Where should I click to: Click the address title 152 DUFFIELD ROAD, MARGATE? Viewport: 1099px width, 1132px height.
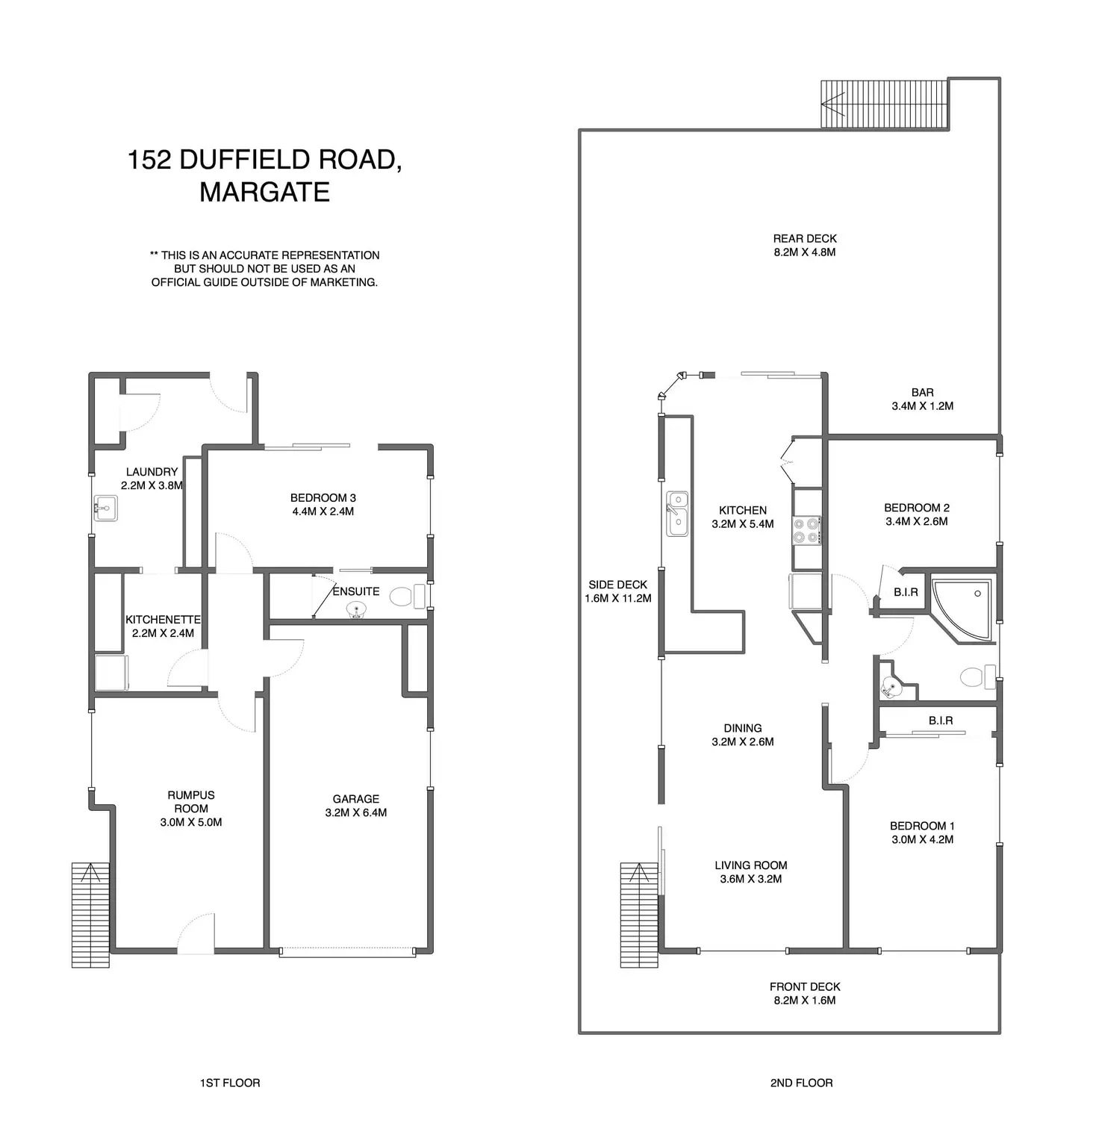[265, 175]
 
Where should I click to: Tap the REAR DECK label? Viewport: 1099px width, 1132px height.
[804, 239]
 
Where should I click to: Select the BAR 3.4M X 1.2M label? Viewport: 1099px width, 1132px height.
[922, 399]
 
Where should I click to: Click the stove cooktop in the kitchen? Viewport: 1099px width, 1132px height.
[807, 530]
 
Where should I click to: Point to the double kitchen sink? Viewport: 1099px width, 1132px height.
[677, 513]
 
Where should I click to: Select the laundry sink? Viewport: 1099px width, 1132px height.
[105, 509]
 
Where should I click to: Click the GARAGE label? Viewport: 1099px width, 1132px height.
[356, 799]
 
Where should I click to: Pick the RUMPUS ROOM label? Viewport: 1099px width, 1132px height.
[191, 802]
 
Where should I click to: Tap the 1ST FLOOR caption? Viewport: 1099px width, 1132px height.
[230, 1083]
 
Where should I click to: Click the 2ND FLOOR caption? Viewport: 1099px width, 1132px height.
[801, 1083]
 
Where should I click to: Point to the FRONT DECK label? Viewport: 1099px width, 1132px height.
[805, 987]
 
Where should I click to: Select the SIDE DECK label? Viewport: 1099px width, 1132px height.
[617, 585]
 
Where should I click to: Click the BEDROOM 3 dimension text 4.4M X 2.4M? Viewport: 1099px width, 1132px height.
[323, 511]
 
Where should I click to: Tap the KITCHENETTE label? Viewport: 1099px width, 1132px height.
[163, 620]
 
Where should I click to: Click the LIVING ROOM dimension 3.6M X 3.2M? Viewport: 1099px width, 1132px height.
[751, 879]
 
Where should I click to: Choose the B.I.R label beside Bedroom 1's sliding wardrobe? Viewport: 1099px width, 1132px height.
[941, 721]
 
